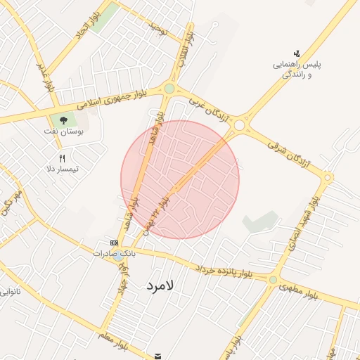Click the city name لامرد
pyautogui.click(x=165, y=286)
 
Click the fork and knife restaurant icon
pyautogui.click(x=62, y=158)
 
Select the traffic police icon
pyautogui.click(x=297, y=53)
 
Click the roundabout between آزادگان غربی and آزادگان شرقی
pyautogui.click(x=240, y=126)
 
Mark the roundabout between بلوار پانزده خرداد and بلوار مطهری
pyautogui.click(x=273, y=280)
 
